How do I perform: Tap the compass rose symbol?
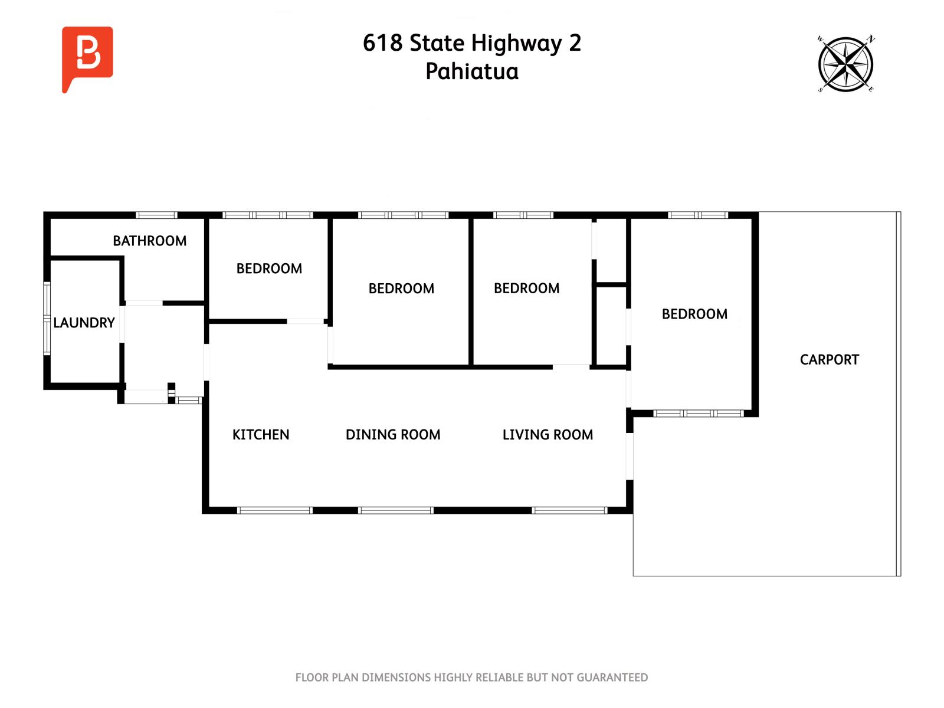coord(845,64)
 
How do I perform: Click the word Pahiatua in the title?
coord(472,71)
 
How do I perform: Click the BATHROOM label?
coord(149,241)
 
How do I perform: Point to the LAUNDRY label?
coord(84,323)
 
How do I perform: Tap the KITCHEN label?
coord(261,435)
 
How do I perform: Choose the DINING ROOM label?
coord(393,435)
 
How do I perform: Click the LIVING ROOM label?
coord(548,435)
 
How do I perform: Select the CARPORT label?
coord(829,359)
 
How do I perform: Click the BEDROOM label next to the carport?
coord(694,314)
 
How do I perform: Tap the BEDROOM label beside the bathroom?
coord(269,268)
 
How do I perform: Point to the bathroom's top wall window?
coord(156,215)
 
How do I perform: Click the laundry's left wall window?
coord(47,319)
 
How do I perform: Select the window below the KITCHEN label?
coord(274,510)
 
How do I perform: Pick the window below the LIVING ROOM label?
coord(569,510)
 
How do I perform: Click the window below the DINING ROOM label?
coord(396,510)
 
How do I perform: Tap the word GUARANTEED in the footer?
coord(612,678)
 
